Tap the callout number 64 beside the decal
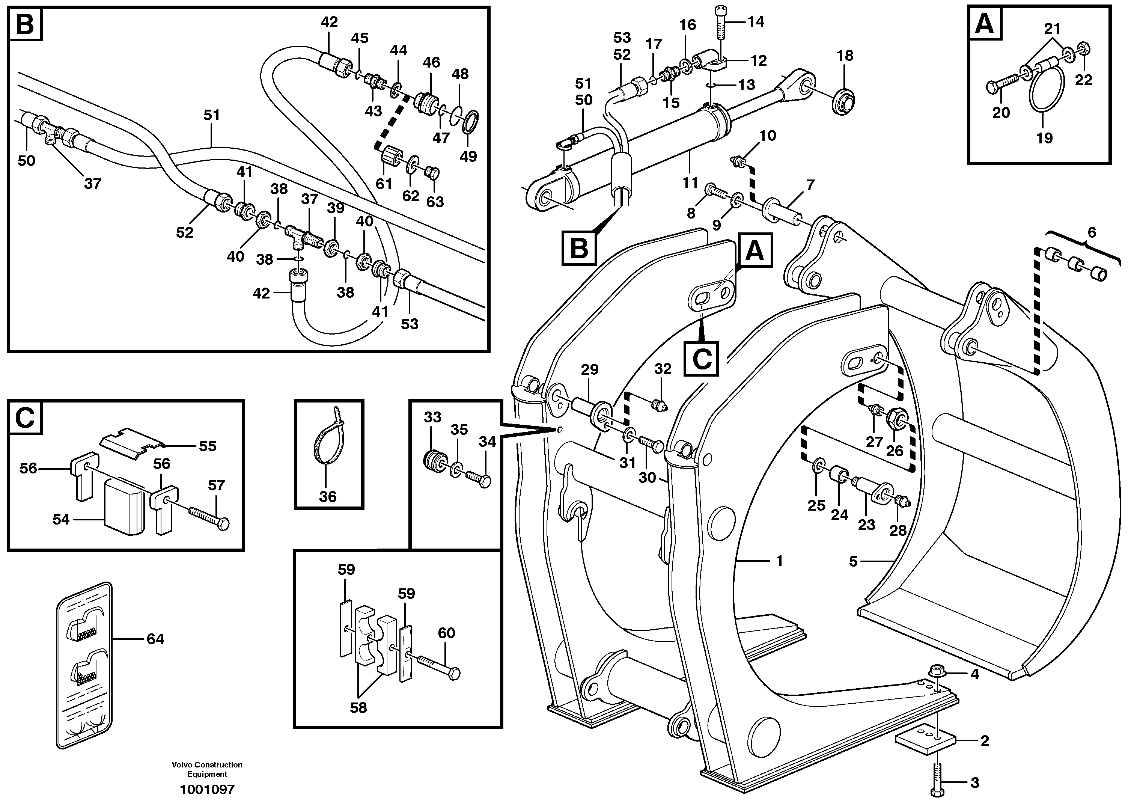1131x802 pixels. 155,639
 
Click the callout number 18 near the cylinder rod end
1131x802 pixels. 845,56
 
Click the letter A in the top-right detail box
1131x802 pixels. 985,24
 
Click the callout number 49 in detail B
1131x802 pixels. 468,157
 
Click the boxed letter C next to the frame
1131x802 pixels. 702,359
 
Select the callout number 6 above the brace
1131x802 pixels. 1092,232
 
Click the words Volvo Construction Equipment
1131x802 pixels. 207,769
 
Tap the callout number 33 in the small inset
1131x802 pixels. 432,417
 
